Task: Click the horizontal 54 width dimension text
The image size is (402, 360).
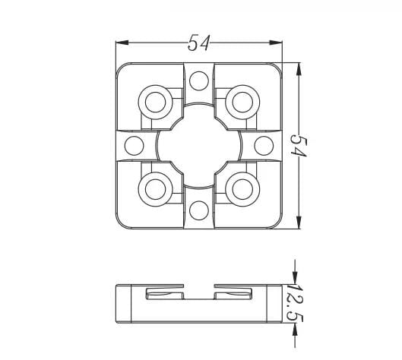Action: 199,43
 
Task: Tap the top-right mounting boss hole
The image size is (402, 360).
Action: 242,101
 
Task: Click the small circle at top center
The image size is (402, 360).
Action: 199,80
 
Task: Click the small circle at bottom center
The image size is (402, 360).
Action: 199,210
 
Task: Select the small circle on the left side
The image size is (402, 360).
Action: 134,144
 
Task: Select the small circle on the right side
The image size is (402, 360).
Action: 264,144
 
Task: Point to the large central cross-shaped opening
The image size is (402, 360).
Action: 199,144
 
